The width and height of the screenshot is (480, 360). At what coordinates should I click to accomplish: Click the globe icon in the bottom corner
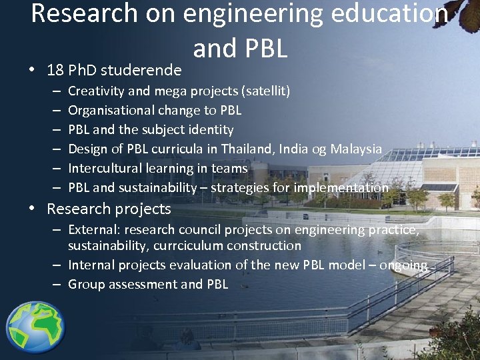pyautogui.click(x=36, y=327)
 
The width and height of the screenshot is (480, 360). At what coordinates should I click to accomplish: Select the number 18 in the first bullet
pyautogui.click(x=56, y=70)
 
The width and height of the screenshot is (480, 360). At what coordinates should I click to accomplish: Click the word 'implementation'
pyautogui.click(x=341, y=187)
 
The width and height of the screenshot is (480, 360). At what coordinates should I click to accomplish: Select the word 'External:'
pyautogui.click(x=93, y=229)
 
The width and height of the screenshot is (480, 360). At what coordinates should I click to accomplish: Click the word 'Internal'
pyautogui.click(x=92, y=265)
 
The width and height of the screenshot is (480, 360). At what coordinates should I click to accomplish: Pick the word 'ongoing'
pyautogui.click(x=403, y=265)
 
